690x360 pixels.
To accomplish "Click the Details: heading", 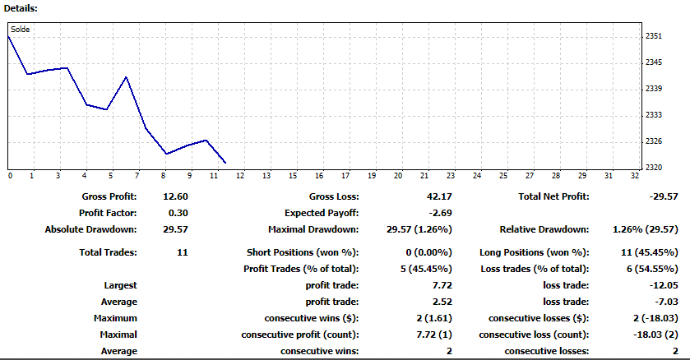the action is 21,8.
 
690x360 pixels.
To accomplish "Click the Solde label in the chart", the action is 21,30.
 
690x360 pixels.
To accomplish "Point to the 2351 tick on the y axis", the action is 654,36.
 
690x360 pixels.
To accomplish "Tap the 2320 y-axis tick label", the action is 654,168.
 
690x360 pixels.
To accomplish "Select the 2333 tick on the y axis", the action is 654,115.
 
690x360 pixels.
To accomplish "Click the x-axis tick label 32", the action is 635,175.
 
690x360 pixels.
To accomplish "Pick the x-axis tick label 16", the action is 319,175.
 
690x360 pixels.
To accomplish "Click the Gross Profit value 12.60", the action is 175,196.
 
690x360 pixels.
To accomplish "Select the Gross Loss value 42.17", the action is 439,196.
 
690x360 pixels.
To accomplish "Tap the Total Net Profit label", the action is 553,196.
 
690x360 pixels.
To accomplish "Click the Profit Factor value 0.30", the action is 178,213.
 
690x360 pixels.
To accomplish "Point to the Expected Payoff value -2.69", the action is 440,213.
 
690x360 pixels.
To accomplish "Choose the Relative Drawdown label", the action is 544,229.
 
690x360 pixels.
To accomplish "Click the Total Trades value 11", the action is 183,252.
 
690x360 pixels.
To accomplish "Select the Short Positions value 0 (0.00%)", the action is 428,252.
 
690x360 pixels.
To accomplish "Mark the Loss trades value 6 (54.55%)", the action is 652,269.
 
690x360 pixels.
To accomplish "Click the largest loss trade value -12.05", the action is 664,285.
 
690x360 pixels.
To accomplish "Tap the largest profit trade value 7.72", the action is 442,285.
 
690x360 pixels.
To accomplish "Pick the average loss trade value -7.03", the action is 666,302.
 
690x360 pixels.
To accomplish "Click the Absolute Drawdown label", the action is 90,229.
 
